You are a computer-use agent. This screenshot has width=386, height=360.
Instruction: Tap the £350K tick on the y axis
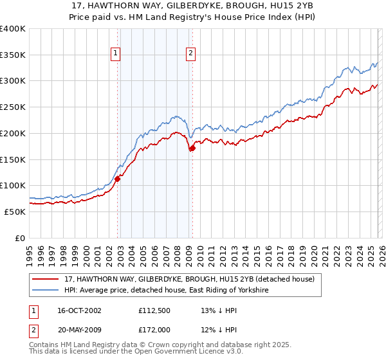13,55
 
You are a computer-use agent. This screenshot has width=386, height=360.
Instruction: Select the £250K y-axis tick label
13,107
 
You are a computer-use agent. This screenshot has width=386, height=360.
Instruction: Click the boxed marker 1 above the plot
116,53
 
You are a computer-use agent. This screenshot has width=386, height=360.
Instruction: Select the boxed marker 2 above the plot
191,53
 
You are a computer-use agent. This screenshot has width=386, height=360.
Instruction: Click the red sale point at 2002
118,179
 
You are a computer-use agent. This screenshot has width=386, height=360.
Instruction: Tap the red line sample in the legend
46,280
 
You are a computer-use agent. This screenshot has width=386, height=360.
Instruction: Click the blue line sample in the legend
46,291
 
